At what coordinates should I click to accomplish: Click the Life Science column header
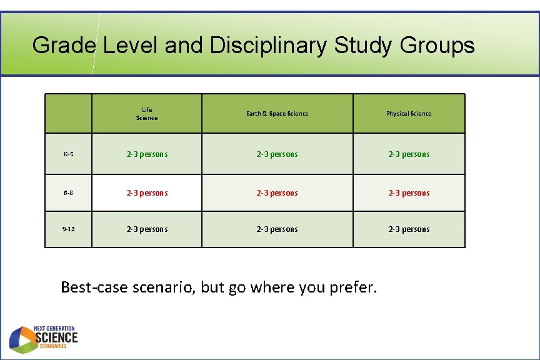point(147,114)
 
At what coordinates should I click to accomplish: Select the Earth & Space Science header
point(277,114)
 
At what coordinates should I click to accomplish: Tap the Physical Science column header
point(409,114)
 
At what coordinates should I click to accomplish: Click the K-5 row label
point(68,154)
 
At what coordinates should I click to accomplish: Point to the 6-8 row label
point(68,193)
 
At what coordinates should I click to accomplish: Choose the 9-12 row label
point(68,229)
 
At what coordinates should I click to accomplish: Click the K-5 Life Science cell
point(147,154)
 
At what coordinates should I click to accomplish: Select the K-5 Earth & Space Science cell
point(277,154)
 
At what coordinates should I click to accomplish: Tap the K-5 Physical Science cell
point(409,154)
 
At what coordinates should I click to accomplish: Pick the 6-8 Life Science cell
point(147,193)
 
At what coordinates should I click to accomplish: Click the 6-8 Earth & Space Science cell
point(277,193)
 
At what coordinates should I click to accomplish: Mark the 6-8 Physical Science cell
point(409,193)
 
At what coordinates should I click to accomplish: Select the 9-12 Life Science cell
point(147,229)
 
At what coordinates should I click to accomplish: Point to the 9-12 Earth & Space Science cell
point(277,229)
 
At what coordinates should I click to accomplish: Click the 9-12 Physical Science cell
point(409,229)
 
